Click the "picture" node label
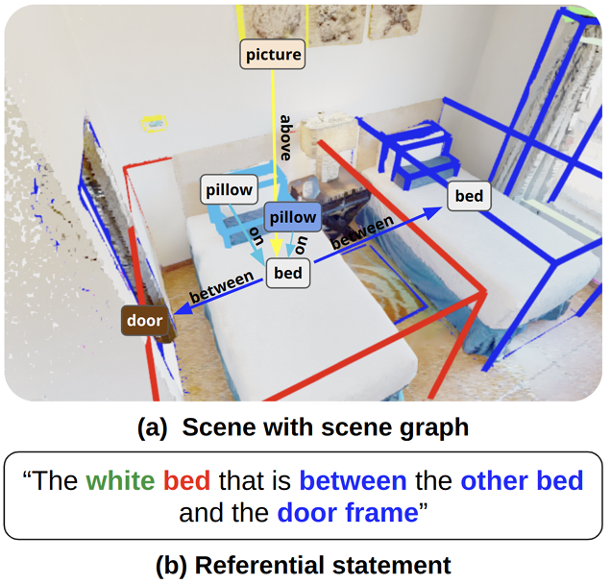pyautogui.click(x=273, y=55)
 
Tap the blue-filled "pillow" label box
pyautogui.click(x=292, y=218)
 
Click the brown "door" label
pyautogui.click(x=145, y=320)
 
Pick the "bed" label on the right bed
pyautogui.click(x=469, y=197)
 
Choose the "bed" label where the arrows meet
pyautogui.click(x=287, y=274)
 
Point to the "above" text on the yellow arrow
pyautogui.click(x=285, y=137)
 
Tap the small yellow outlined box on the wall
pyautogui.click(x=154, y=123)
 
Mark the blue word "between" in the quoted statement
pyautogui.click(x=353, y=480)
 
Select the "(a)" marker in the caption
pyautogui.click(x=153, y=427)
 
